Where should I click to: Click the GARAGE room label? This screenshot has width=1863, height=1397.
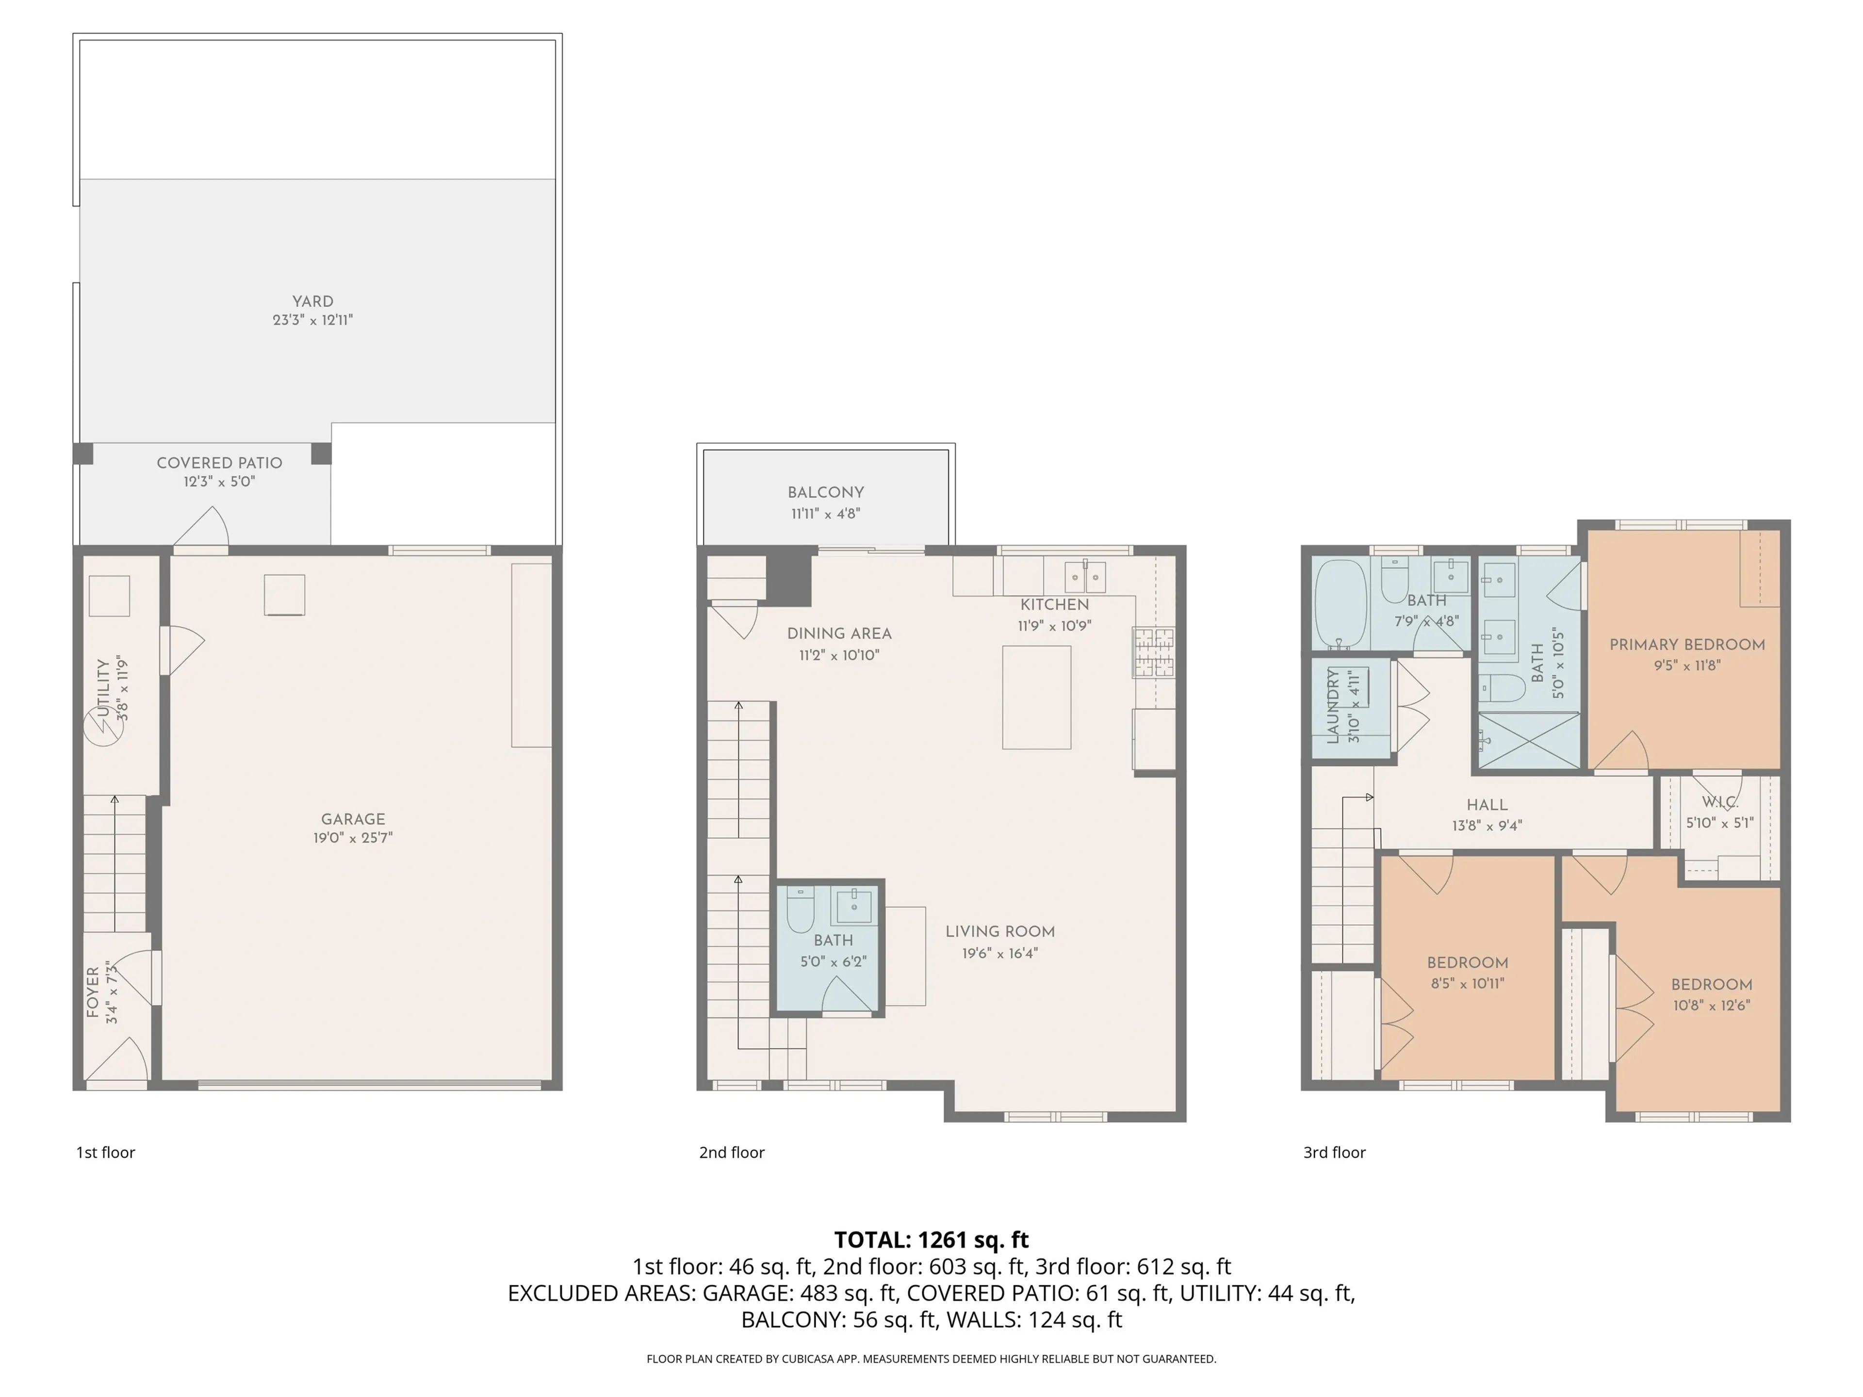[353, 818]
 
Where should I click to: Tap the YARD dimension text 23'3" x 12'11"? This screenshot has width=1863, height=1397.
[312, 320]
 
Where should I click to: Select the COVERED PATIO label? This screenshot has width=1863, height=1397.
[219, 462]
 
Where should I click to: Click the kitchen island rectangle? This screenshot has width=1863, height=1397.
[1036, 697]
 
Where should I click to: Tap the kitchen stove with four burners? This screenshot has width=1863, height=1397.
[1153, 652]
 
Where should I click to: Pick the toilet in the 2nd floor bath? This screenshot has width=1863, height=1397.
[800, 910]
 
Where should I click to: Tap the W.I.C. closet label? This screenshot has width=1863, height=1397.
[1719, 802]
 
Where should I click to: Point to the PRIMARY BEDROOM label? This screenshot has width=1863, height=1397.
[1686, 644]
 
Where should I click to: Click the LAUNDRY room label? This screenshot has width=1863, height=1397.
[1333, 706]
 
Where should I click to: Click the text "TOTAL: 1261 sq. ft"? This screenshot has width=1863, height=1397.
[931, 1239]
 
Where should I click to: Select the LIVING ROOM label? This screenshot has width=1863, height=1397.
[1000, 931]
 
